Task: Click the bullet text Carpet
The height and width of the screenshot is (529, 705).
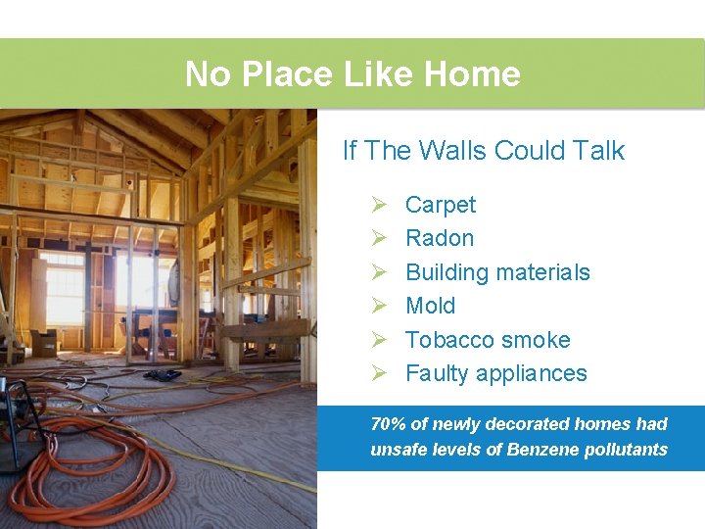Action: pyautogui.click(x=440, y=205)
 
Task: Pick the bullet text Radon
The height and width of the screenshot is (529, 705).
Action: pyautogui.click(x=439, y=238)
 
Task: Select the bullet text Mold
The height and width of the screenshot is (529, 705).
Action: pyautogui.click(x=430, y=306)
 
